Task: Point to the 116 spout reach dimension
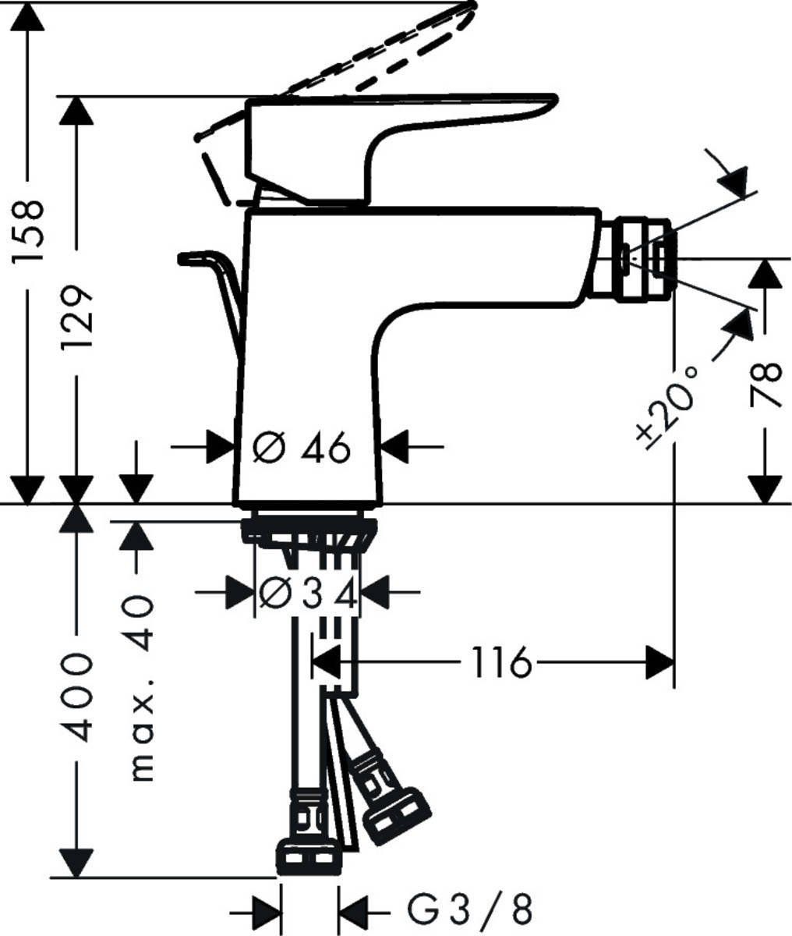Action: (499, 664)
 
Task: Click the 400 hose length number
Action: (77, 697)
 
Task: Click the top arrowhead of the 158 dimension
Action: (29, 19)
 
